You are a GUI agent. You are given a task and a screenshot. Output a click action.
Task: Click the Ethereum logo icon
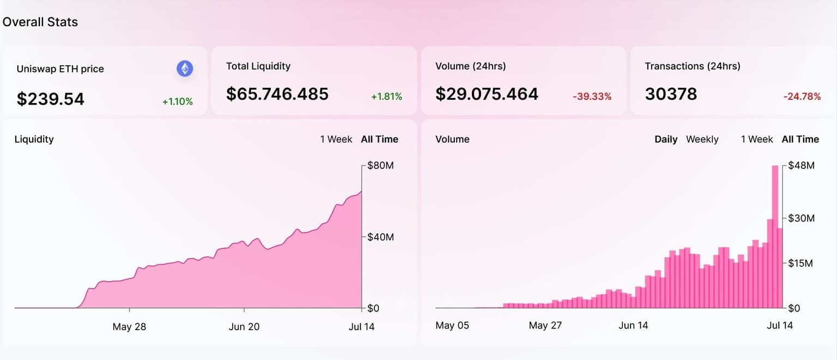[185, 69]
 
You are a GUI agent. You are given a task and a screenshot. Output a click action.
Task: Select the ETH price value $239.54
[51, 99]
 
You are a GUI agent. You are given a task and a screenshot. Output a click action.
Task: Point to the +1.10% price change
[178, 101]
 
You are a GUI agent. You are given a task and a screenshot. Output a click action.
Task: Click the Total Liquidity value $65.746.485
[277, 94]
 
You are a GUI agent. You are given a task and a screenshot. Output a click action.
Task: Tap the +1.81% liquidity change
[386, 96]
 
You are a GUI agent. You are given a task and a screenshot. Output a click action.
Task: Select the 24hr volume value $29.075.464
[487, 94]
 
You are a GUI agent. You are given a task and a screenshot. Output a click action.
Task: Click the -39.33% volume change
[592, 96]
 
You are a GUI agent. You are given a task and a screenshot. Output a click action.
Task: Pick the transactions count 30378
[671, 94]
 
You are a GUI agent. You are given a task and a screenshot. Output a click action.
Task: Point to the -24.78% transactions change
[802, 96]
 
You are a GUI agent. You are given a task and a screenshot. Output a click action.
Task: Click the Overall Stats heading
[40, 22]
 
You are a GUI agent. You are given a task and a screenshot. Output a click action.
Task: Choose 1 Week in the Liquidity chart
[336, 139]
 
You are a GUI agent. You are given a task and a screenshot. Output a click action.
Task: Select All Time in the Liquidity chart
[379, 139]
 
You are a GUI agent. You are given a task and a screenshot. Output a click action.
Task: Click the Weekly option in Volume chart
[702, 139]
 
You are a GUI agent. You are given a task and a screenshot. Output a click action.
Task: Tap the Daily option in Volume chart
[666, 139]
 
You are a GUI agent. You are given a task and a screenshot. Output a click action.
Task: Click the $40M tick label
[380, 237]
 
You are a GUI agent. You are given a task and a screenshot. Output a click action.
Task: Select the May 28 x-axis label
[129, 327]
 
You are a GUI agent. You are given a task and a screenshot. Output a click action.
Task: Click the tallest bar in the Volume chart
[775, 237]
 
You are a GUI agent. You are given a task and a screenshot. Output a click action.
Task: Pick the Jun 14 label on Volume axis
[633, 326]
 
